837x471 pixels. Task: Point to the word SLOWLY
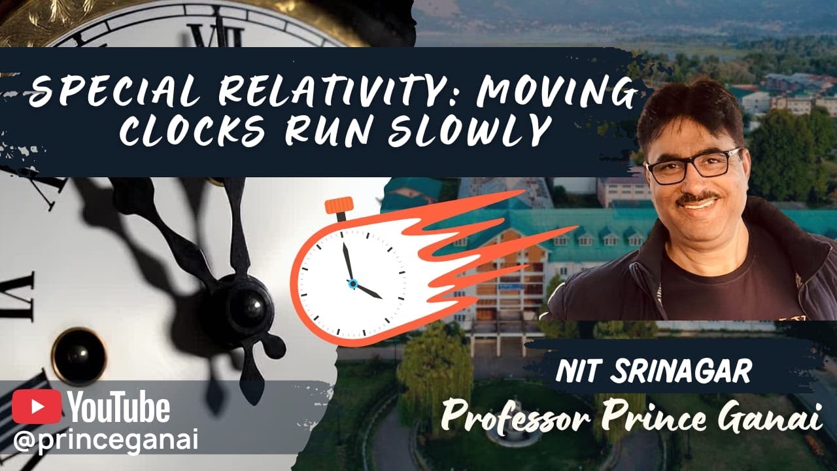pos(468,131)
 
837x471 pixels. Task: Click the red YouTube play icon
pos(37,407)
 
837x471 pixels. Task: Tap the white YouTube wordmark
pos(119,407)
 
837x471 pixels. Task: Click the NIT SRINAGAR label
pos(653,371)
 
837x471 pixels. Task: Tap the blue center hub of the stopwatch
pos(352,283)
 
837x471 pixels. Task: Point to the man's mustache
pos(698,197)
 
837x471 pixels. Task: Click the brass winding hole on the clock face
pos(78,356)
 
